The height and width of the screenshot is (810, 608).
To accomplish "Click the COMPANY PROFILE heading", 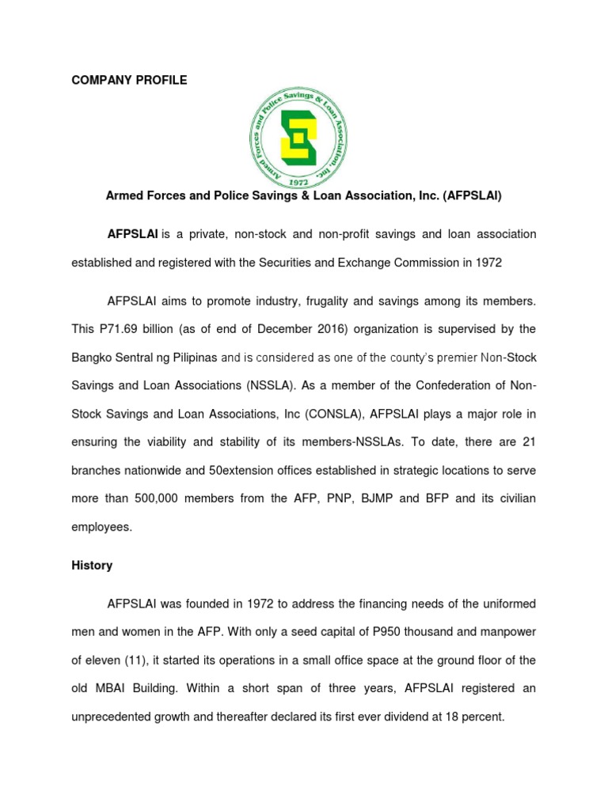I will pyautogui.click(x=129, y=81).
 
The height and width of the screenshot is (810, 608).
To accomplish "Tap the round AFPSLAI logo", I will pyautogui.click(x=298, y=137).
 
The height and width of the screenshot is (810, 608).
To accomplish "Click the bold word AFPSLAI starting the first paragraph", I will pyautogui.click(x=133, y=234).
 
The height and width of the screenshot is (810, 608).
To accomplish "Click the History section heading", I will pyautogui.click(x=92, y=566).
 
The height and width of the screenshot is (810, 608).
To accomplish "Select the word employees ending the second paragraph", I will pyautogui.click(x=101, y=527).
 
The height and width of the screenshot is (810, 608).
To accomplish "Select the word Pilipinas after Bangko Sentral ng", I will pyautogui.click(x=189, y=358).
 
